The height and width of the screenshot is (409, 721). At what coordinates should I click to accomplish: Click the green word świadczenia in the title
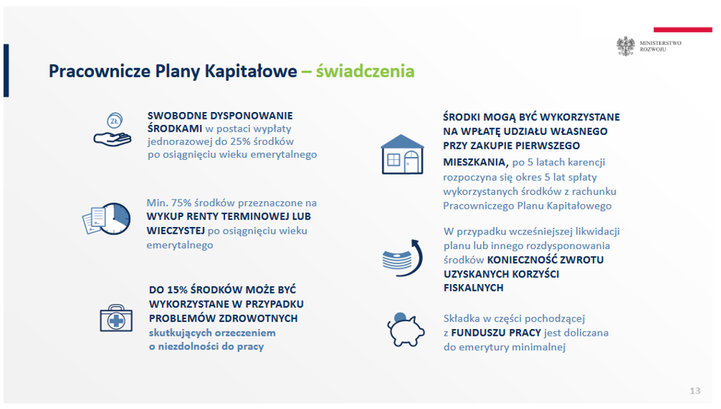click(x=365, y=71)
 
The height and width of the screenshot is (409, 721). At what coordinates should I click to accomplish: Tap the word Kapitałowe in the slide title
click(x=250, y=71)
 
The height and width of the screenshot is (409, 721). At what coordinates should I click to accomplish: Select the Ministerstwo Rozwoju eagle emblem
click(x=626, y=46)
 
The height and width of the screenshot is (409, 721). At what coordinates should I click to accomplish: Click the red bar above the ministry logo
click(x=683, y=30)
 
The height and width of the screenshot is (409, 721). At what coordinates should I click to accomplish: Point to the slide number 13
click(x=695, y=391)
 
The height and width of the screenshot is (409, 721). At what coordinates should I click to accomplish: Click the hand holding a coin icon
click(x=113, y=130)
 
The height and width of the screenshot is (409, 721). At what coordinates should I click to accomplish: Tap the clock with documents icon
click(x=107, y=219)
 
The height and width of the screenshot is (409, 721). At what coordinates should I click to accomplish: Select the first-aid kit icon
click(x=116, y=318)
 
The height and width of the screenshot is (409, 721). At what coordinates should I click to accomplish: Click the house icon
click(x=402, y=155)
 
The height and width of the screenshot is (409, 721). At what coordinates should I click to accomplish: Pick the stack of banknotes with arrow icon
click(x=402, y=258)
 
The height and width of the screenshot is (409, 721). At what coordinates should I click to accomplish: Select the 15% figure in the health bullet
click(x=177, y=290)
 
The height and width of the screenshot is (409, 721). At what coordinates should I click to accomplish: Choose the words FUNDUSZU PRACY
click(x=496, y=333)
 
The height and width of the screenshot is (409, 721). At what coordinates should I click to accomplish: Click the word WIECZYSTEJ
click(x=175, y=231)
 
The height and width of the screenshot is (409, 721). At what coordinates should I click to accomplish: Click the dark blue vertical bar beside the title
click(x=6, y=70)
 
